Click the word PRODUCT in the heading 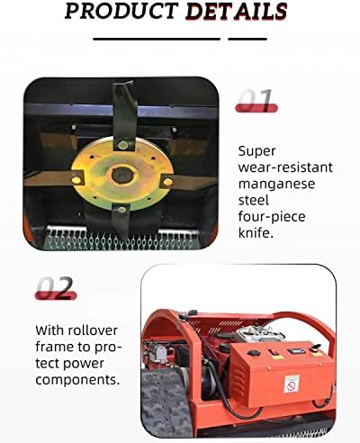(121, 11)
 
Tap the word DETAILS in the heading (236, 12)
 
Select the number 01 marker (256, 100)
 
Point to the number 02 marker (56, 288)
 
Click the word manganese (276, 184)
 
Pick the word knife (256, 232)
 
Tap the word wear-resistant (285, 167)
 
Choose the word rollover (93, 330)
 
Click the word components (77, 380)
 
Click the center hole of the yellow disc (121, 175)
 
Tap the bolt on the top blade (123, 145)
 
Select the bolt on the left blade (76, 180)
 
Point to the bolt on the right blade (167, 182)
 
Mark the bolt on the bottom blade (121, 209)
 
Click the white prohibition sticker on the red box (292, 384)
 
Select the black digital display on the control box (296, 351)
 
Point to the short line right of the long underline (247, 39)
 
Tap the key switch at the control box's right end (316, 349)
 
